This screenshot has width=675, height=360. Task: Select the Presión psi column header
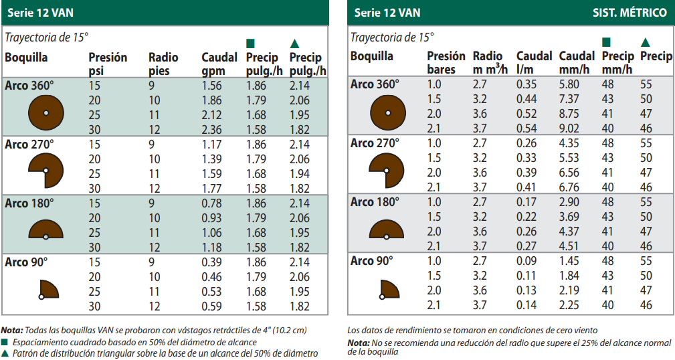click(107, 64)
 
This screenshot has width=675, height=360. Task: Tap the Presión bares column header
click(446, 63)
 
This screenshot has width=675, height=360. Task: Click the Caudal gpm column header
click(219, 64)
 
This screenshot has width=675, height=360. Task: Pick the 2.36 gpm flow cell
click(212, 130)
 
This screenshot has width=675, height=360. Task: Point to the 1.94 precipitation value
click(299, 174)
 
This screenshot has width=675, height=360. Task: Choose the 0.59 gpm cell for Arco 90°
click(212, 306)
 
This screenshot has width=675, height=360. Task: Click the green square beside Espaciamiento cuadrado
click(4, 343)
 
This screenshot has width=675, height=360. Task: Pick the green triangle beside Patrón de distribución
click(4, 353)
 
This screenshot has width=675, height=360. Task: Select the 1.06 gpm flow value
click(212, 233)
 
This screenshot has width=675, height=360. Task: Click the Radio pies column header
click(163, 64)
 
